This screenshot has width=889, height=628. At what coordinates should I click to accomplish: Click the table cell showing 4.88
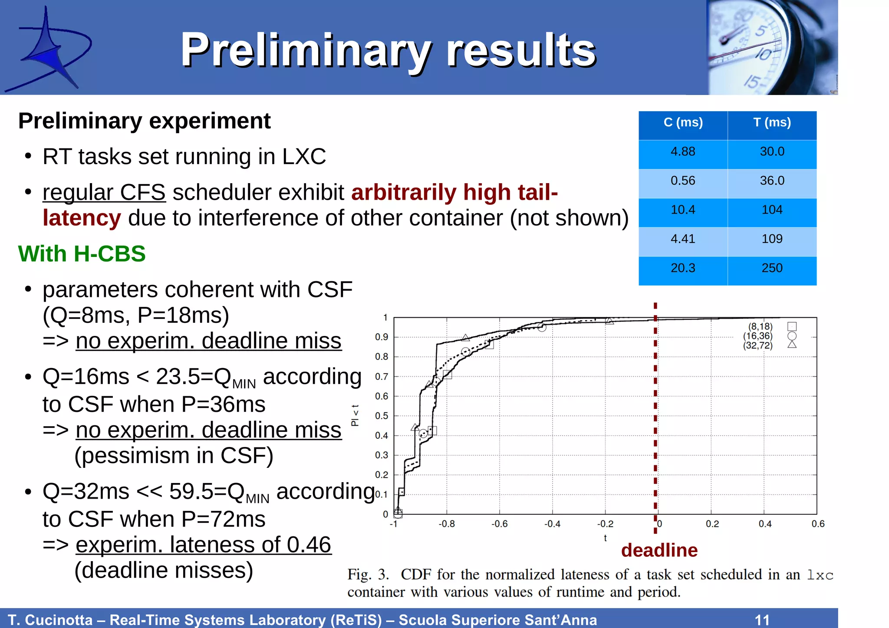(x=683, y=152)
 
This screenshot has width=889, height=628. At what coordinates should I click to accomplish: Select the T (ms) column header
(x=772, y=123)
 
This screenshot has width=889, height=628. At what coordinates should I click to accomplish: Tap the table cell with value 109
(x=772, y=239)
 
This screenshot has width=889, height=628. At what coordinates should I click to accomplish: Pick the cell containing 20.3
(x=683, y=268)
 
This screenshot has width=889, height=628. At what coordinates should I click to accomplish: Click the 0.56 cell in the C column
(x=683, y=181)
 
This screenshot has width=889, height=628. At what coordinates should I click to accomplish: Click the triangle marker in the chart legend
(x=792, y=345)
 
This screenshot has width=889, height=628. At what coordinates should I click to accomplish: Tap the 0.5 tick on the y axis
(x=382, y=416)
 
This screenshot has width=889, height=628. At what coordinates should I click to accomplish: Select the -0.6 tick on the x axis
(x=499, y=524)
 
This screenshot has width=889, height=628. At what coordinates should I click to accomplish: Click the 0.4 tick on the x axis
(x=765, y=524)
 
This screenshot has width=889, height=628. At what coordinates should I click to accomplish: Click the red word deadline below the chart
(x=659, y=550)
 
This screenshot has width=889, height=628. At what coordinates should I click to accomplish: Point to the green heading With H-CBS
(x=82, y=254)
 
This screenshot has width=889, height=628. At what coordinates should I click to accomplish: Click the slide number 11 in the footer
(x=762, y=619)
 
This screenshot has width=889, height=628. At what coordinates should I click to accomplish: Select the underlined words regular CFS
(x=104, y=192)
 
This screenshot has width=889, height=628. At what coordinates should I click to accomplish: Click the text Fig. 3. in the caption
(x=368, y=575)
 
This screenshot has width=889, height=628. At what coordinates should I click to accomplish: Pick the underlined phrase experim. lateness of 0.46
(x=203, y=545)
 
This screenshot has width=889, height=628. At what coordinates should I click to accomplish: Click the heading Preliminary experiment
(x=144, y=121)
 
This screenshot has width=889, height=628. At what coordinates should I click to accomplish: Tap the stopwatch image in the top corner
(x=772, y=47)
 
